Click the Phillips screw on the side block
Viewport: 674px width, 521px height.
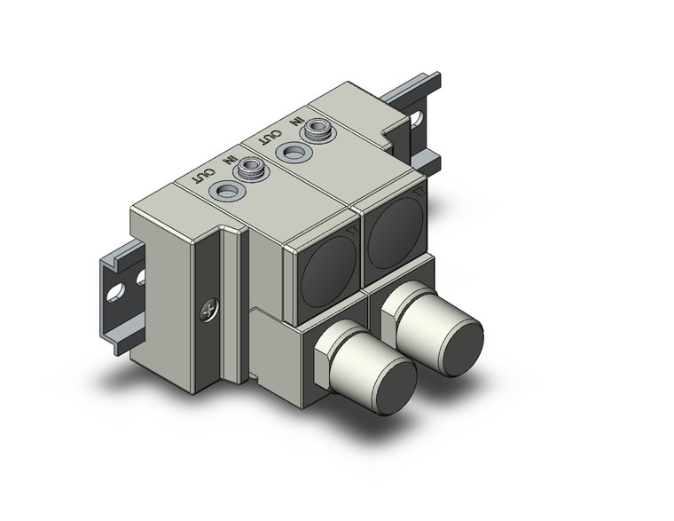pos(207,311)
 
